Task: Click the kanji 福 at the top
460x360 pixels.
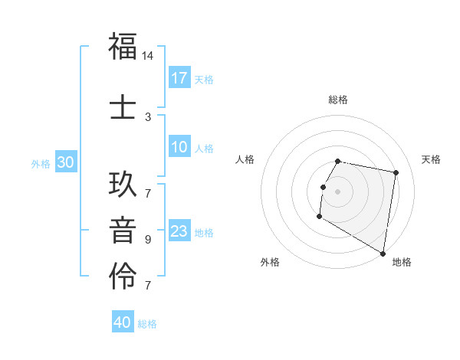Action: pos(123,47)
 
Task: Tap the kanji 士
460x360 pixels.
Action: pos(123,106)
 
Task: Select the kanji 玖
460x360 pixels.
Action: pos(123,185)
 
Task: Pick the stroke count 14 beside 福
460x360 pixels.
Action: pos(148,57)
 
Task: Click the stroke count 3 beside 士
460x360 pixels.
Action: pos(148,116)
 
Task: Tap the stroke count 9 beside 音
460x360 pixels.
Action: pos(148,240)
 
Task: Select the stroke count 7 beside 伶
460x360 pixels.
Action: pos(148,286)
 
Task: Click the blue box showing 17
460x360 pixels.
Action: pos(179,78)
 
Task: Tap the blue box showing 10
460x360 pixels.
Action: pos(179,148)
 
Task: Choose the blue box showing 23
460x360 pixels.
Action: pos(179,231)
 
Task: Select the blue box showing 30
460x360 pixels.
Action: pos(65,162)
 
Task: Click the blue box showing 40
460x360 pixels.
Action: pos(123,322)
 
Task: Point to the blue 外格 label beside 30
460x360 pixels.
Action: pos(41,163)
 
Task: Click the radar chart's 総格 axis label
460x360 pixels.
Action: pos(337,100)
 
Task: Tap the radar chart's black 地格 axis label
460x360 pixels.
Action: pos(402,263)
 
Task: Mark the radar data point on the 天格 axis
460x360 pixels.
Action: pos(396,173)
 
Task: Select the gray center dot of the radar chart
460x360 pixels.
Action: pos(337,191)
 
